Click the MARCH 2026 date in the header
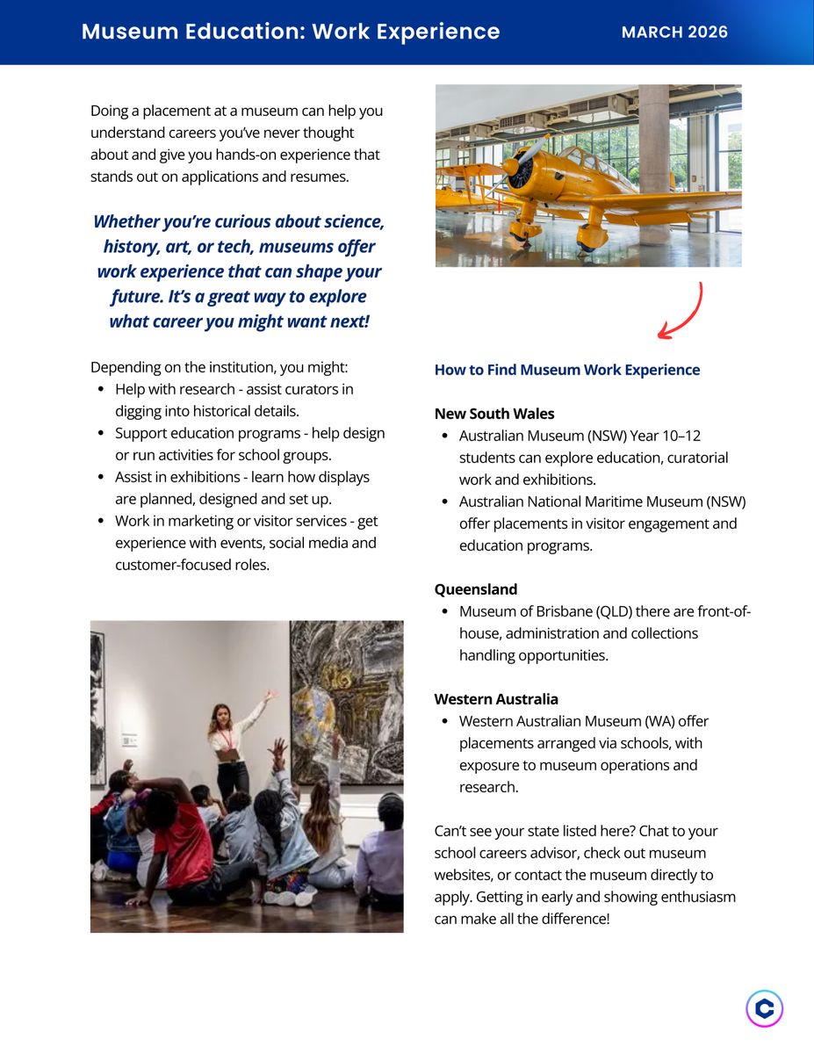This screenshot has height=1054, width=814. (674, 32)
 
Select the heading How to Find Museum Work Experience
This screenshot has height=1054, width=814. (566, 370)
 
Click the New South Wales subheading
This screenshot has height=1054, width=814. (494, 414)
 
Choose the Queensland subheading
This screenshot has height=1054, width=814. (476, 589)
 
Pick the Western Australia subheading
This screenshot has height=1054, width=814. (496, 699)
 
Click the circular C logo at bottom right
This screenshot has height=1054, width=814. (764, 1008)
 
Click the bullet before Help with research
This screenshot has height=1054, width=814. (101, 390)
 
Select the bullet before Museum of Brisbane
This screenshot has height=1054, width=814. (445, 612)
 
